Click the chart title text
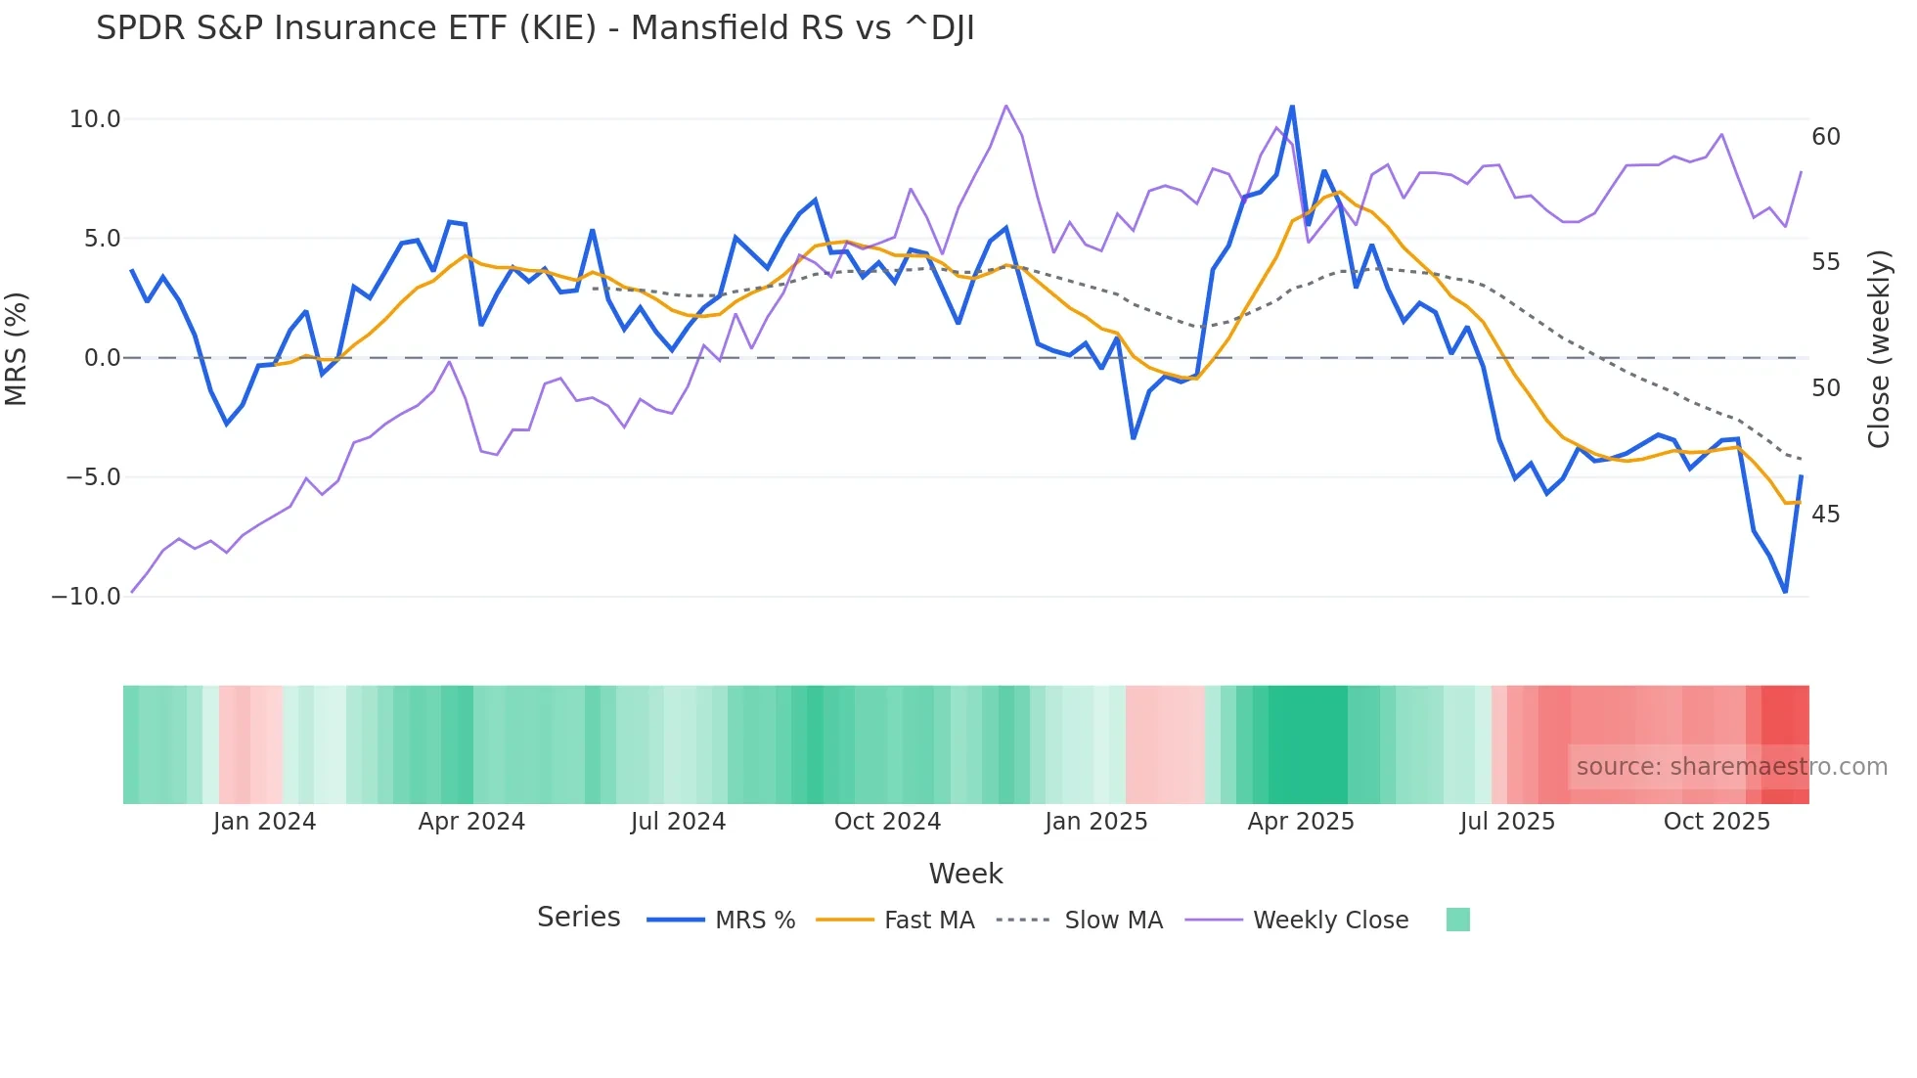pos(535,28)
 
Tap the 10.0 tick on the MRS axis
pos(95,119)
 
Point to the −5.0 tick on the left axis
pos(93,477)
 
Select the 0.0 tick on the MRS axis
pos(102,358)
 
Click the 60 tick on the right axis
pos(1826,137)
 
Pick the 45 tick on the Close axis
pos(1826,515)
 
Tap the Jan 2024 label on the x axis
pos(264,822)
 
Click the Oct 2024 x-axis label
pos(887,822)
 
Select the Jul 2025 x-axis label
pos(1507,822)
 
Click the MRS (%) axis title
pos(17,348)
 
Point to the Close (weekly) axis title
pos(1879,349)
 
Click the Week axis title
pos(965,874)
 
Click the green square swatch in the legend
pos(1457,920)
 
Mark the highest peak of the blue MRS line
pos(1292,107)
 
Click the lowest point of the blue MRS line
pos(1785,592)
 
